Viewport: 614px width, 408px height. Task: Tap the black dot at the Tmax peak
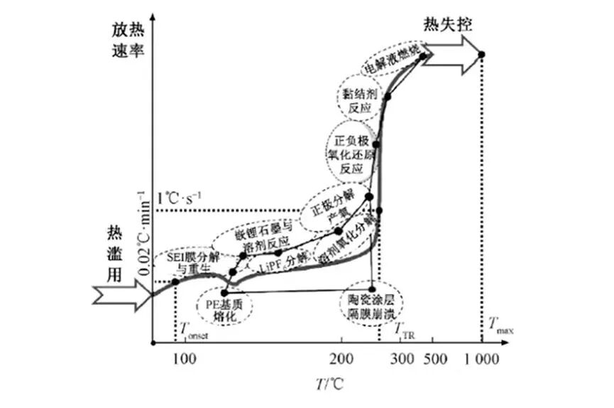pyautogui.click(x=481, y=55)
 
